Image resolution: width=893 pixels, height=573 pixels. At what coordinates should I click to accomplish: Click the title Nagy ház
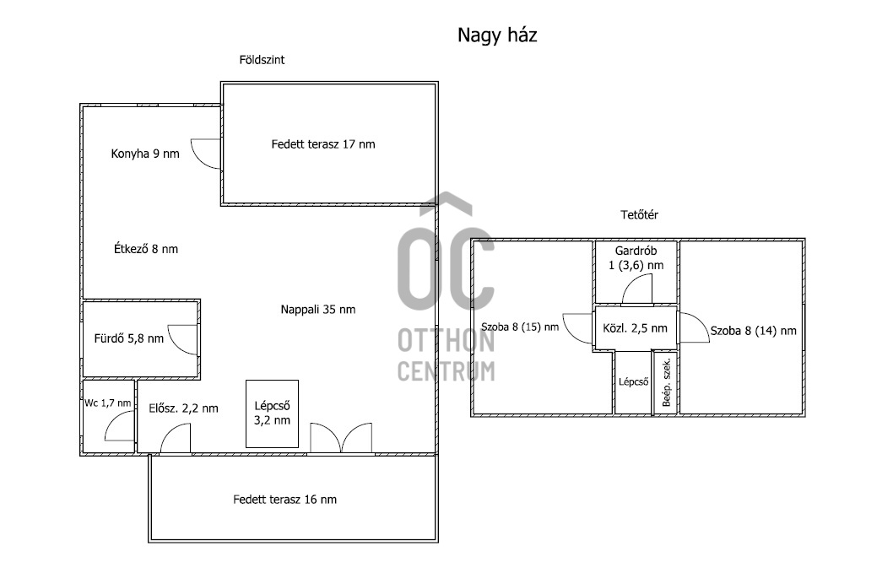(497, 35)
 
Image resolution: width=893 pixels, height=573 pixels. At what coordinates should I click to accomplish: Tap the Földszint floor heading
(262, 60)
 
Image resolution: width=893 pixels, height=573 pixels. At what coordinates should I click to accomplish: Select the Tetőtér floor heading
(639, 214)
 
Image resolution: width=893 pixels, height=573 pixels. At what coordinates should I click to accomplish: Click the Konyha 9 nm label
(145, 154)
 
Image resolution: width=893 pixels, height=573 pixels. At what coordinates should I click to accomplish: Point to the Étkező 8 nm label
(146, 249)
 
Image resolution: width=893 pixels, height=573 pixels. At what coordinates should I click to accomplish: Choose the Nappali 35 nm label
(318, 309)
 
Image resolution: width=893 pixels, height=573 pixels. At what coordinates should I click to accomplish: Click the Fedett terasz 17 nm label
(323, 144)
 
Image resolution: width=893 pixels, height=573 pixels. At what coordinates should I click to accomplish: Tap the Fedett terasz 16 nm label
(284, 500)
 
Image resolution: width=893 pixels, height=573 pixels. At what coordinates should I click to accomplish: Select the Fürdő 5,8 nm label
(128, 338)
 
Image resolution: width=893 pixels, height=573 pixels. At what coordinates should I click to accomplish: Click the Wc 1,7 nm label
(108, 403)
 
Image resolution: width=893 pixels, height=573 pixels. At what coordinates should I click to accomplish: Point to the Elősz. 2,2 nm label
(183, 408)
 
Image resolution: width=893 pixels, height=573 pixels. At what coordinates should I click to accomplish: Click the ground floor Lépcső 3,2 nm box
(273, 414)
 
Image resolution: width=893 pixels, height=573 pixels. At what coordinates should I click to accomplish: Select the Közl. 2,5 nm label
(635, 328)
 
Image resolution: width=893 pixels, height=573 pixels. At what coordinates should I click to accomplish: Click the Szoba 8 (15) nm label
(520, 327)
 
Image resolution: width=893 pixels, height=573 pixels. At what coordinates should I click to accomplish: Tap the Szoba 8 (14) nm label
(753, 331)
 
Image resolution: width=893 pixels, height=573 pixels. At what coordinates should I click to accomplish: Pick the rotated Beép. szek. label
(666, 382)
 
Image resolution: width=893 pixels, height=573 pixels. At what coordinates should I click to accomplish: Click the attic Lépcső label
(633, 381)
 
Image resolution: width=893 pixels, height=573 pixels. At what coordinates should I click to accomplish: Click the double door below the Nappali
(340, 438)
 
